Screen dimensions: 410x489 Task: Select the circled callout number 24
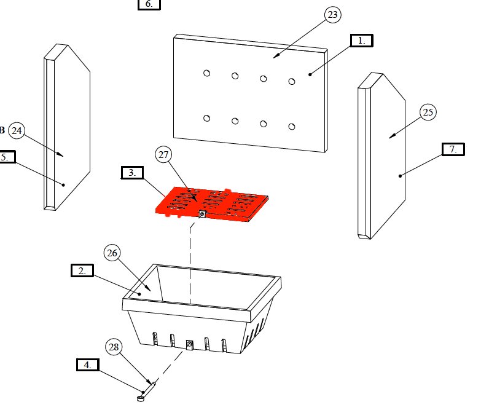(x=17, y=130)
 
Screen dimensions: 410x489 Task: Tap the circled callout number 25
(x=428, y=112)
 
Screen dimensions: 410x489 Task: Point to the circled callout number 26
(x=112, y=253)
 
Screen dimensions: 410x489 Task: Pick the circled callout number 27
(x=164, y=156)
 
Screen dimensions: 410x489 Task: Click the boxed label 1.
(x=361, y=41)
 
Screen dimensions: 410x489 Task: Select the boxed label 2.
(x=82, y=270)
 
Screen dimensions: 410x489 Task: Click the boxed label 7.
(x=453, y=149)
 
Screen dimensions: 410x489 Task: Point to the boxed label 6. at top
(x=149, y=4)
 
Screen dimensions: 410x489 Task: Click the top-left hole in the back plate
(x=207, y=73)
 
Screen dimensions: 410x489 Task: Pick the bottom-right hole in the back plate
(x=292, y=127)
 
